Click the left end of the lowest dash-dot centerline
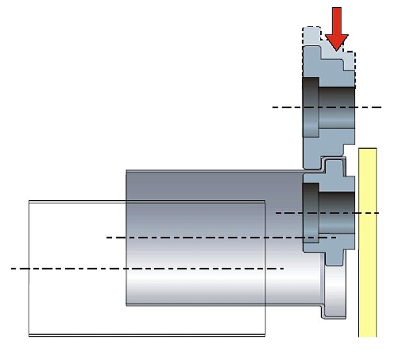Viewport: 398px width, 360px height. [12, 268]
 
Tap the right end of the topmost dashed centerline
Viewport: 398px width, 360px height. [379, 107]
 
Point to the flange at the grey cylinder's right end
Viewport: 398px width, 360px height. [332, 292]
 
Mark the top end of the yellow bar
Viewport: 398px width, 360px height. [367, 149]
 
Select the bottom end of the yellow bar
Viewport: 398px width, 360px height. [367, 335]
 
